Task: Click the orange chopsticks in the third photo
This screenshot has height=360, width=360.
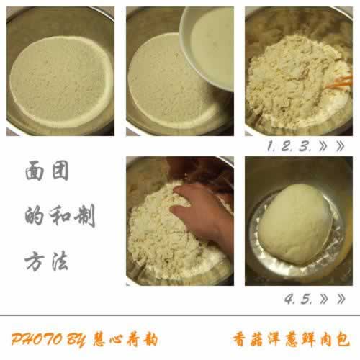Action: click(340, 81)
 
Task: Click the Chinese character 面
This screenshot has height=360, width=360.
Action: click(35, 171)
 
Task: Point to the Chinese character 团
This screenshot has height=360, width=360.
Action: click(60, 171)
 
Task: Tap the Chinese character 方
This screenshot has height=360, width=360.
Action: click(35, 261)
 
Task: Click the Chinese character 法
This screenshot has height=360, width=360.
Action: click(60, 261)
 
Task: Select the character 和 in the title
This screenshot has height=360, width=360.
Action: click(60, 215)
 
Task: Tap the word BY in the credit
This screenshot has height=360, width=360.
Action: click(76, 340)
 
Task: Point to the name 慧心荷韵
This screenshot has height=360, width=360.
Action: click(125, 339)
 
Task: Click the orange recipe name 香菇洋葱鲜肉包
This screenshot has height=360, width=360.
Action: click(291, 339)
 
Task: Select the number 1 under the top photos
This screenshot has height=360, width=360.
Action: click(271, 146)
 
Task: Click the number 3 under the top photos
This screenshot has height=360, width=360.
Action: click(305, 146)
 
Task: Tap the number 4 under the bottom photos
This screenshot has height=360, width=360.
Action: click(289, 299)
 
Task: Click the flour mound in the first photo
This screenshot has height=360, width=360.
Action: click(61, 81)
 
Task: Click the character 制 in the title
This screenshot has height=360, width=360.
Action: click(85, 215)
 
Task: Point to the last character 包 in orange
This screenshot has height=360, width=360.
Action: click(343, 339)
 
